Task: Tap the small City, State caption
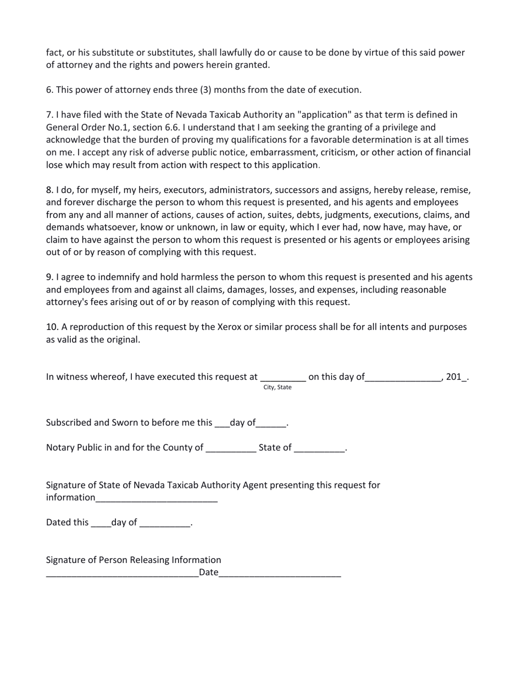pos(277,387)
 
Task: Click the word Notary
pos(60,447)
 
